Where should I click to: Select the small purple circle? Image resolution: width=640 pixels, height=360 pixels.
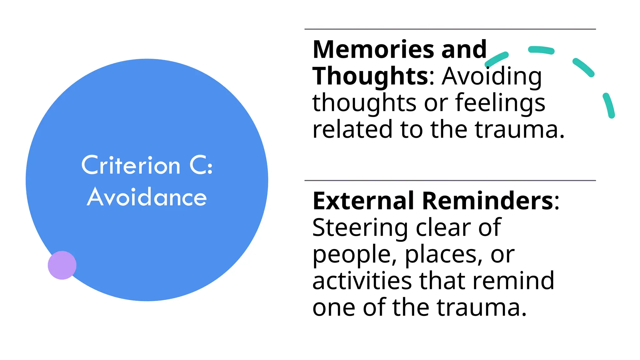(62, 265)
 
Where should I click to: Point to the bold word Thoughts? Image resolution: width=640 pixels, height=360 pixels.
(371, 76)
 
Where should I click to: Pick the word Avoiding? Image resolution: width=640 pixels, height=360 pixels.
(492, 76)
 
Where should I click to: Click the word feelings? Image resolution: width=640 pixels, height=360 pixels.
(500, 103)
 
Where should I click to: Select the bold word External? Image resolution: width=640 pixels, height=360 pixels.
(363, 201)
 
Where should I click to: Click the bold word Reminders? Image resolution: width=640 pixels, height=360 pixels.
(487, 201)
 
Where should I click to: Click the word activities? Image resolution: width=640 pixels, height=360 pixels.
(362, 281)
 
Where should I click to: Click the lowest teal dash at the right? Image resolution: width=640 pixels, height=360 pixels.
(609, 106)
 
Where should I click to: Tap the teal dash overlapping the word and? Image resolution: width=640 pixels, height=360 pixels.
(497, 59)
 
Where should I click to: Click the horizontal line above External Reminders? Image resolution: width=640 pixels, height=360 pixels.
(450, 180)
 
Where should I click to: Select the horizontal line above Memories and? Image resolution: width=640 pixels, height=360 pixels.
(450, 29)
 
